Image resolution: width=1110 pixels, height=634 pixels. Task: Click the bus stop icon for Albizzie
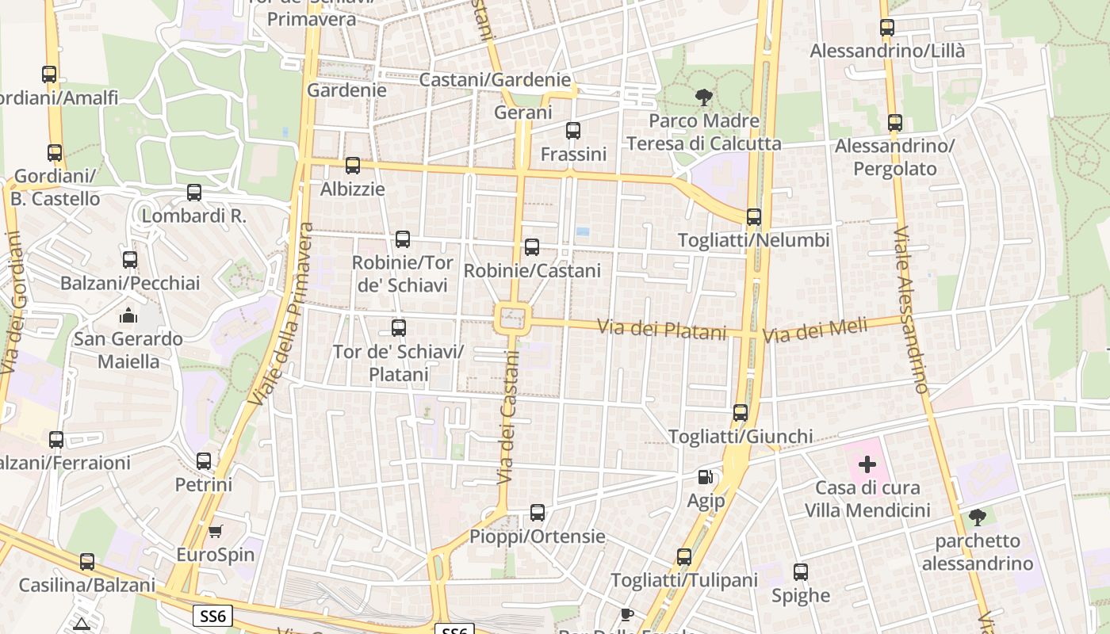pos(353,166)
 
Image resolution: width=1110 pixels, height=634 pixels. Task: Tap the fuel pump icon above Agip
pos(705,477)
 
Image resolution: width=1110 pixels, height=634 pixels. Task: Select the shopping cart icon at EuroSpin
pos(215,531)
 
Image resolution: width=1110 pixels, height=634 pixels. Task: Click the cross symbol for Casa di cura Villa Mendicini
pos(867,464)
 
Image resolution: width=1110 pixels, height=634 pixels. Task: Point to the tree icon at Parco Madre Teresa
pos(703,98)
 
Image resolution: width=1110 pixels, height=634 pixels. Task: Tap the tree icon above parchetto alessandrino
pos(978,518)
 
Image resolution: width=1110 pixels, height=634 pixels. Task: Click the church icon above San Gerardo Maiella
pos(128,315)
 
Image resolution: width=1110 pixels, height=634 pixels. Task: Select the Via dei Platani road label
pos(661,328)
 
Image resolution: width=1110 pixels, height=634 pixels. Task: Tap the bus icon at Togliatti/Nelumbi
pos(753,216)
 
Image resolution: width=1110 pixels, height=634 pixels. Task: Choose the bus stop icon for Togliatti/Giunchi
pos(740,413)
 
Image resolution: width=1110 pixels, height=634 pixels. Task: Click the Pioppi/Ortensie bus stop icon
pos(538,513)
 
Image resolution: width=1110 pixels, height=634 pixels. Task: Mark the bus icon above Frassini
pos(572,131)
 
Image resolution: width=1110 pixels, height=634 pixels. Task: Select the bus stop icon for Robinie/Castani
pos(532,247)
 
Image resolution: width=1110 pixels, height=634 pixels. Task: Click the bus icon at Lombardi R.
pos(194,192)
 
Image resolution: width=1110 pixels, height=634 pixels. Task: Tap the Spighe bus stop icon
pos(801,572)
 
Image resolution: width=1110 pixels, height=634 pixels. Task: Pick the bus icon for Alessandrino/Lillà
pos(887,28)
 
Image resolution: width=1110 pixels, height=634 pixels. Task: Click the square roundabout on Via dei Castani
pos(512,319)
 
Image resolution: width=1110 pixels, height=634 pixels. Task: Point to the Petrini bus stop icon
pos(204,460)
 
